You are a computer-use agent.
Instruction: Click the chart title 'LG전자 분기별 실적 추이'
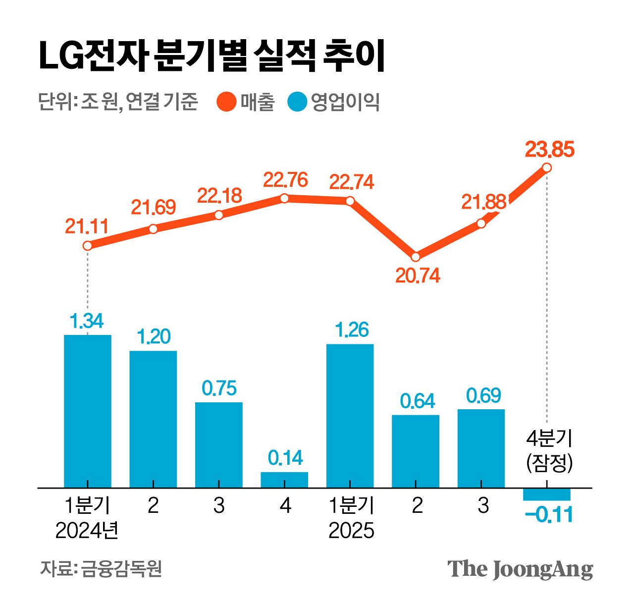211,55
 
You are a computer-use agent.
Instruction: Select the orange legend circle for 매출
226,102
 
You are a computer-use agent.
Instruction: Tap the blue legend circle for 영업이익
297,102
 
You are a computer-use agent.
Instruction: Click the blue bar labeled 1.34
88,411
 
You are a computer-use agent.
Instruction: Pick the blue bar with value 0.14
284,480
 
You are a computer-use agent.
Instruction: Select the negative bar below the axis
547,494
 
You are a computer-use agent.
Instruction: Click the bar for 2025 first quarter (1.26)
350,416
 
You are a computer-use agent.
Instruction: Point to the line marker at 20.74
416,257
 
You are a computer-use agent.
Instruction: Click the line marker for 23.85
547,167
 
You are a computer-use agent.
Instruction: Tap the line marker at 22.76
284,198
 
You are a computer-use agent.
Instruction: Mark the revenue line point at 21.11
88,245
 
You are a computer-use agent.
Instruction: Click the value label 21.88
483,202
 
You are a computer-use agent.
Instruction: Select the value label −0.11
549,515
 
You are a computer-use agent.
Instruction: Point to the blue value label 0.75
219,388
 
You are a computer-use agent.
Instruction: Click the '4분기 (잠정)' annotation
549,451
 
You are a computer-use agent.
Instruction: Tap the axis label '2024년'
87,531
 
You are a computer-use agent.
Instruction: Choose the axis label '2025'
351,531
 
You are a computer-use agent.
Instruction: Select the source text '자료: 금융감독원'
101,569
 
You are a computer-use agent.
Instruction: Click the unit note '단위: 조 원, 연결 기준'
118,102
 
